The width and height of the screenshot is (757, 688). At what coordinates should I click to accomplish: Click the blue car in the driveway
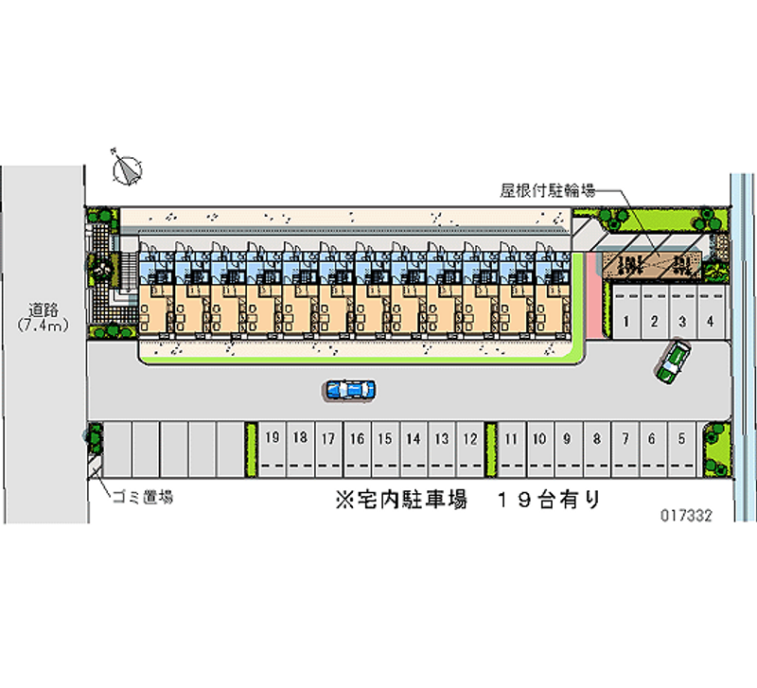tap(349, 388)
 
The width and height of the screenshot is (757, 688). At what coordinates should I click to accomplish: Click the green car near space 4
tap(674, 362)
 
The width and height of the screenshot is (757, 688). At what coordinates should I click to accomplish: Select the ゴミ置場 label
tap(142, 497)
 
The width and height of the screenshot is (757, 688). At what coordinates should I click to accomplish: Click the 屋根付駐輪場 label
tap(547, 189)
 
